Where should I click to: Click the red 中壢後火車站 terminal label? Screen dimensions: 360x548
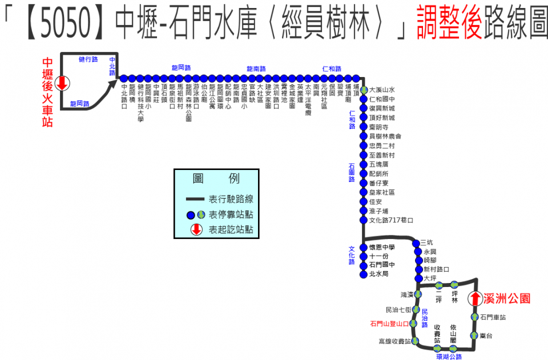tap(47, 91)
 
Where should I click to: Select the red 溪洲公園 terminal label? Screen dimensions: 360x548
tap(507, 298)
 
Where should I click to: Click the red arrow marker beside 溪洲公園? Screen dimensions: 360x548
tap(475, 298)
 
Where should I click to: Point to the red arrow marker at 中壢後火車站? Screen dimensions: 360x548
tap(62, 84)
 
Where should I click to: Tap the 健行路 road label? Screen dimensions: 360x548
tap(88, 59)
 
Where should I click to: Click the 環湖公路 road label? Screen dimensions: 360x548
tap(448, 357)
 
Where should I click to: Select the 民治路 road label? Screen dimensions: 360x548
tap(424, 318)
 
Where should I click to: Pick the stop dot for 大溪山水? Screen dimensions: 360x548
tap(364, 90)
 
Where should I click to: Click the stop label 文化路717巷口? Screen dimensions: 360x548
tap(391, 220)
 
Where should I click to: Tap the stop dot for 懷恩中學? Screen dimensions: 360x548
tap(364, 247)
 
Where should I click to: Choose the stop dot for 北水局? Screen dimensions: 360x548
tap(364, 274)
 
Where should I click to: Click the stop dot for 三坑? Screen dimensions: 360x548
tap(416, 244)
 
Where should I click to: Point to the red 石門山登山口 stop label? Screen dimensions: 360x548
tap(390, 323)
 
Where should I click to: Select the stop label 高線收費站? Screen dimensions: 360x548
tap(394, 341)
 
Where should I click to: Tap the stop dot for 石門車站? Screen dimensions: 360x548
tap(474, 317)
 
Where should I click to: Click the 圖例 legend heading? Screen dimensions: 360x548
tap(217, 179)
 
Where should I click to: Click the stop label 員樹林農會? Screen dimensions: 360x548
tap(385, 136)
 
